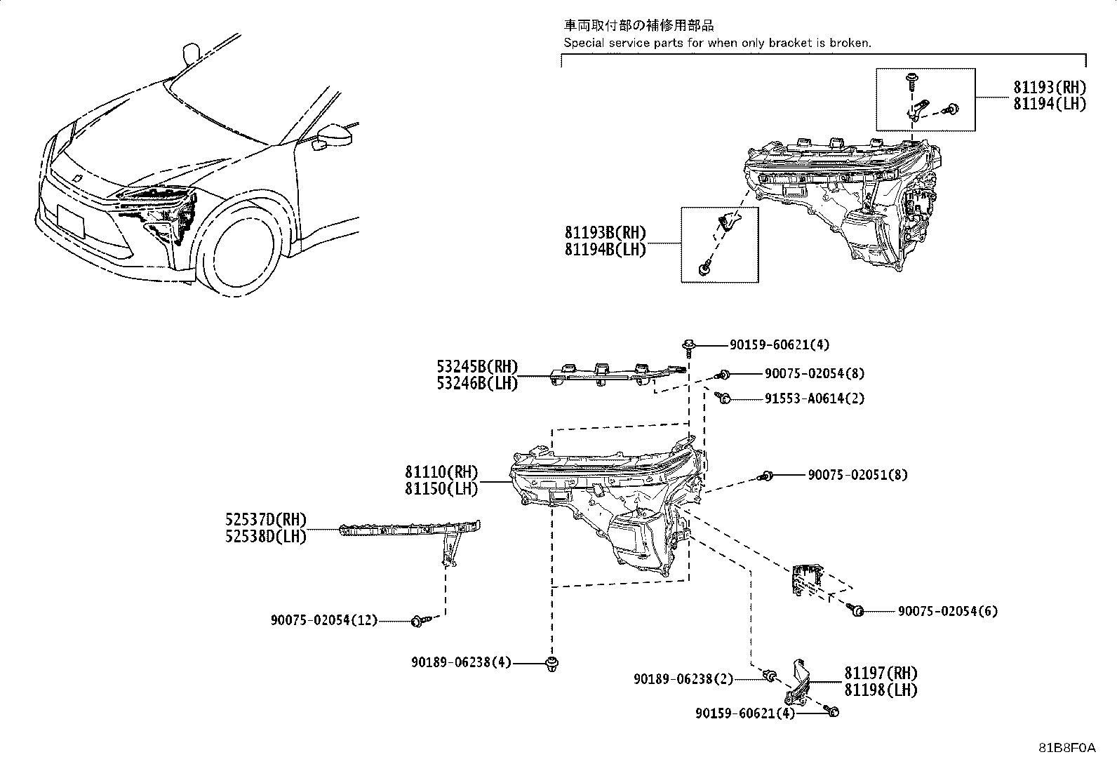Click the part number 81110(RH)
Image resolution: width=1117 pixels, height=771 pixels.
click(441, 473)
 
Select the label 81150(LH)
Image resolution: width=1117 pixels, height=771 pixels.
click(441, 489)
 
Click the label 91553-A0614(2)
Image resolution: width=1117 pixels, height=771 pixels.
click(815, 398)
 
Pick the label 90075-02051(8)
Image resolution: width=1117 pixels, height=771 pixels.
click(857, 475)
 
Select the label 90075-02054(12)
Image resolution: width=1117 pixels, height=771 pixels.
click(324, 620)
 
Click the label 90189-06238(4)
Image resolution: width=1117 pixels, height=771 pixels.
click(462, 662)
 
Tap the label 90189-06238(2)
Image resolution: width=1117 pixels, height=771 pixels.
click(683, 679)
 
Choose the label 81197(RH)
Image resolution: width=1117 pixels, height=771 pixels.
click(881, 673)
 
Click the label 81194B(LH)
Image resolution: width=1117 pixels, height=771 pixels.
click(605, 249)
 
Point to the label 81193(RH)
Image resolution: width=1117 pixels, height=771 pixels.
click(1049, 88)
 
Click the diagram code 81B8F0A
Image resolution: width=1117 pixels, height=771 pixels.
click(1067, 748)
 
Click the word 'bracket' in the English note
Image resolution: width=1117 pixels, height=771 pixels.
click(790, 43)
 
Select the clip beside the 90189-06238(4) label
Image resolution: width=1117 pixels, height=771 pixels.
click(551, 663)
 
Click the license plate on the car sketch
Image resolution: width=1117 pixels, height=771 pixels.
click(70, 222)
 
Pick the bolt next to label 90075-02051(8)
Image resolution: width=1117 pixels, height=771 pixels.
click(766, 476)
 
